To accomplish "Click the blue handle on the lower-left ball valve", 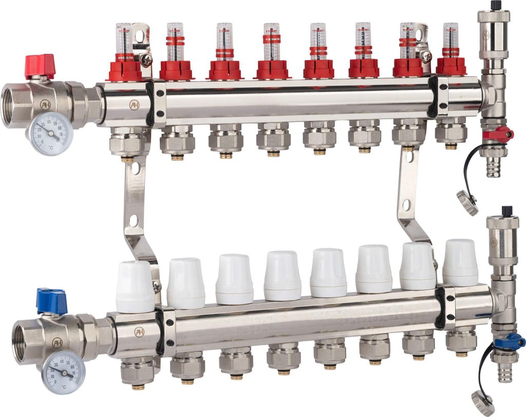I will [x=51, y=301].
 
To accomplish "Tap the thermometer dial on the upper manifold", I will [x=50, y=134].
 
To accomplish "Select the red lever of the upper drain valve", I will [x=499, y=135].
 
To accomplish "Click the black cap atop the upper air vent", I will [x=496, y=5].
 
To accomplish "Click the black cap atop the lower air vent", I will [x=508, y=210].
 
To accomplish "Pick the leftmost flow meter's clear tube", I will [x=124, y=38].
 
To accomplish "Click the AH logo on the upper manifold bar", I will [x=134, y=104].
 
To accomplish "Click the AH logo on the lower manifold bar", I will [x=139, y=332].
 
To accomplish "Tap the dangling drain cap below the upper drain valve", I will [x=467, y=203].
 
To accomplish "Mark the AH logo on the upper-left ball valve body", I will [x=45, y=105].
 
